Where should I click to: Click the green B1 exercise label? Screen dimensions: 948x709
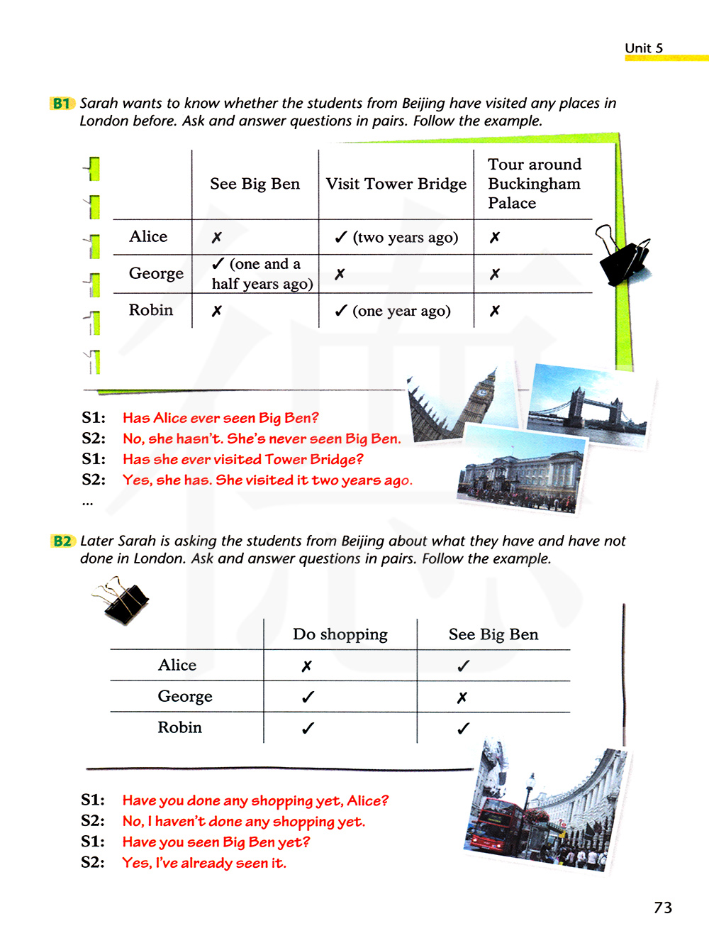61,104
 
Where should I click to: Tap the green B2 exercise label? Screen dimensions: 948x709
62,541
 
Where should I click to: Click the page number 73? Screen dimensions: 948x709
663,908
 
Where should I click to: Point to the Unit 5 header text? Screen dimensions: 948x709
644,48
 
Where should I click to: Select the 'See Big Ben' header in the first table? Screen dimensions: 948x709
255,184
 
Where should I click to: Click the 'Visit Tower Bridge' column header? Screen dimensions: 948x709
396,184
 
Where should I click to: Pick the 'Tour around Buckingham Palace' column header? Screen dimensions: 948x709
534,184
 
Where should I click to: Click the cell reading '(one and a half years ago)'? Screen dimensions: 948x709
262,274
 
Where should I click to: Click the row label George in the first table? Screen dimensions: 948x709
156,274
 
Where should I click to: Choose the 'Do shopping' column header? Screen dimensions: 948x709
340,634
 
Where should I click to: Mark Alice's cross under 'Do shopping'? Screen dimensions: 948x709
306,666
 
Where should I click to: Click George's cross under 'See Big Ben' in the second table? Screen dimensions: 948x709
462,698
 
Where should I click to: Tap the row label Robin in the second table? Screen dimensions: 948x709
179,727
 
